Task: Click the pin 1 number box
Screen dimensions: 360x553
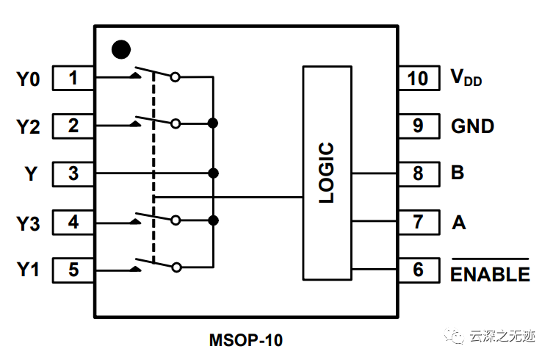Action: click(x=73, y=78)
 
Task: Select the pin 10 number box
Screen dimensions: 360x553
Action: click(x=418, y=78)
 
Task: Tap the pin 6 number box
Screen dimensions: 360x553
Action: click(x=418, y=270)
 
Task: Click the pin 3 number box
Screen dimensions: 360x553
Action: click(x=73, y=173)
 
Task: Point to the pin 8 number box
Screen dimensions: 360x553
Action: click(x=418, y=173)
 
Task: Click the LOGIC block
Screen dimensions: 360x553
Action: click(x=327, y=173)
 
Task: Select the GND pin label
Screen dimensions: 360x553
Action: click(x=472, y=126)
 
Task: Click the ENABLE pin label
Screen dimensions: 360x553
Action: click(x=490, y=273)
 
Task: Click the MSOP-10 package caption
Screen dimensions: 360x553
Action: click(x=246, y=340)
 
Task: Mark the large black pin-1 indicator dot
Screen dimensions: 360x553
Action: click(x=120, y=49)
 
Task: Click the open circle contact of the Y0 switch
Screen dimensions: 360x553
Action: click(x=176, y=76)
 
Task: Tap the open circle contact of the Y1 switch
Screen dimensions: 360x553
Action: click(x=176, y=268)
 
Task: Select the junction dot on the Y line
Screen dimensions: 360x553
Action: click(x=213, y=173)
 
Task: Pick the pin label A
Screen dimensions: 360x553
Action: click(x=459, y=222)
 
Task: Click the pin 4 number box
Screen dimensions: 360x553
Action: click(x=73, y=222)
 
